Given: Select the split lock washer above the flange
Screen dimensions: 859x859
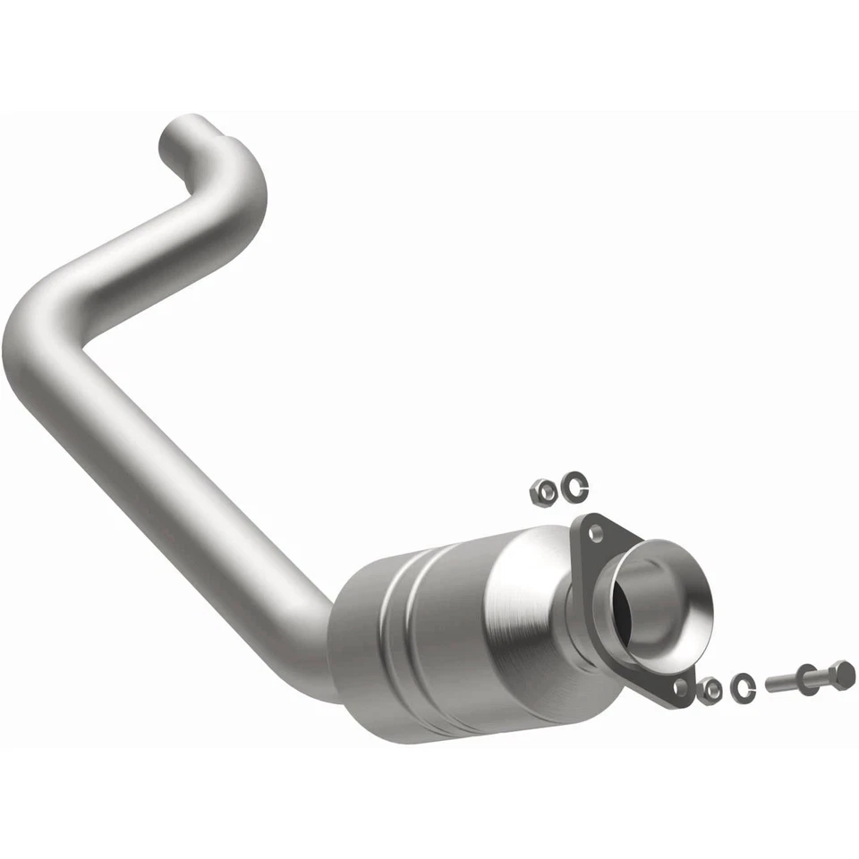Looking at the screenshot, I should [572, 487].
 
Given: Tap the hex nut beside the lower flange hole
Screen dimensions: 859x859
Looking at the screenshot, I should [710, 690].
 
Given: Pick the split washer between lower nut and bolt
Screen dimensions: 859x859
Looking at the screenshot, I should [743, 686].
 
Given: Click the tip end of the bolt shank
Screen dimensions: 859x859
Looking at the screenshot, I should [770, 685].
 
